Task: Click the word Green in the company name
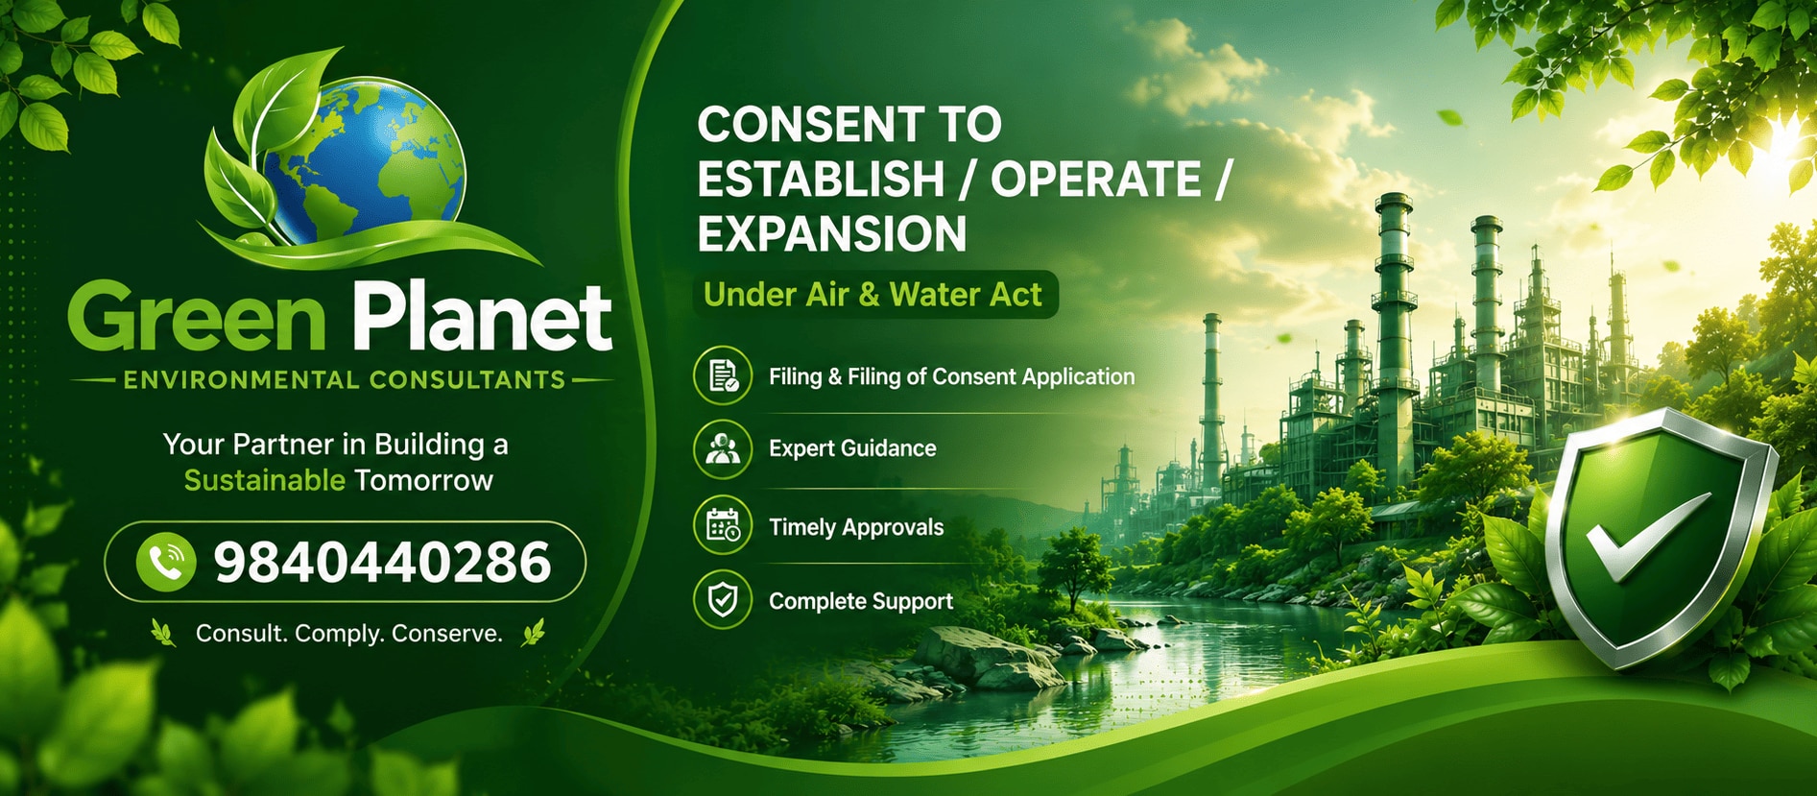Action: coord(197,316)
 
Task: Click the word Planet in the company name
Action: coord(482,316)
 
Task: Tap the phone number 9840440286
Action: coord(382,563)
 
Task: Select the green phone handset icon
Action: coord(166,562)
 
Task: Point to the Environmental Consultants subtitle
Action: coord(345,380)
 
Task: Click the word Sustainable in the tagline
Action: coord(264,480)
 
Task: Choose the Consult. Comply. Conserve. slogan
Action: coord(349,634)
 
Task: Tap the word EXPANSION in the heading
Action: coord(832,234)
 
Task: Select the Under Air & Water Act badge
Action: coord(874,295)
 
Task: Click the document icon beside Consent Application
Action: coord(723,375)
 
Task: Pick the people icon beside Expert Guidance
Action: coord(723,448)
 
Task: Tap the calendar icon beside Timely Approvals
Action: coord(723,526)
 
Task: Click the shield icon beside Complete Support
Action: coord(723,600)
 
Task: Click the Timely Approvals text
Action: coord(856,527)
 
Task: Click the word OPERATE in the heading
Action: coord(1096,180)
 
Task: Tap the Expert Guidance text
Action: coord(852,448)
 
